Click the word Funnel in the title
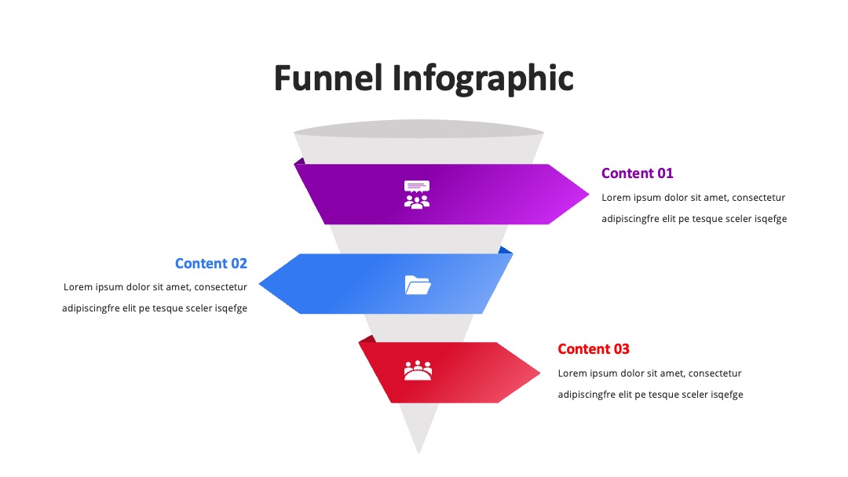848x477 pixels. coord(328,78)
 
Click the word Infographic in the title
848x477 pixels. coord(482,80)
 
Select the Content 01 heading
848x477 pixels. coord(637,173)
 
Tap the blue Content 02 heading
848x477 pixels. coord(211,264)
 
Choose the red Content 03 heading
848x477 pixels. coord(594,349)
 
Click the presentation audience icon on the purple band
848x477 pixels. coord(417,195)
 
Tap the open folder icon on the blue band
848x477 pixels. coord(418,285)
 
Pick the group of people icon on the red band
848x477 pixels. coord(418,370)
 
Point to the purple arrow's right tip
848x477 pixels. coord(588,195)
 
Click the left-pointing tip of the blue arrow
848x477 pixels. coord(260,283)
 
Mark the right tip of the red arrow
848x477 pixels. coord(539,372)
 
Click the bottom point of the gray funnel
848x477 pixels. coord(419,452)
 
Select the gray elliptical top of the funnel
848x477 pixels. coord(419,129)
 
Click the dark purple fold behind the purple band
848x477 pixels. coord(300,161)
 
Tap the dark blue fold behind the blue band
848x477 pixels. coord(505,250)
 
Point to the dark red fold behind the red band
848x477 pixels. coord(367,339)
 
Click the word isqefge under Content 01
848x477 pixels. coord(771,219)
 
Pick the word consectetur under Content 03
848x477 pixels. coord(715,373)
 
